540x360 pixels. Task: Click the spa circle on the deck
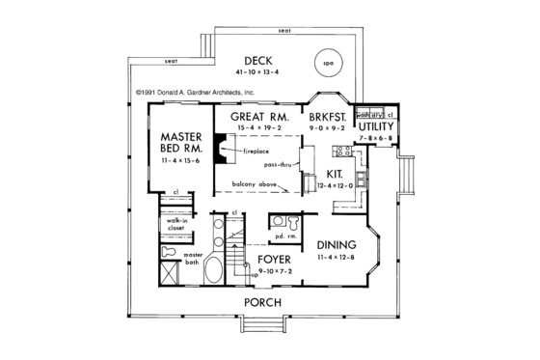[326, 67]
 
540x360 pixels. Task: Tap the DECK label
[260, 59]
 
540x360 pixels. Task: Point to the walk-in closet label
[175, 225]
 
